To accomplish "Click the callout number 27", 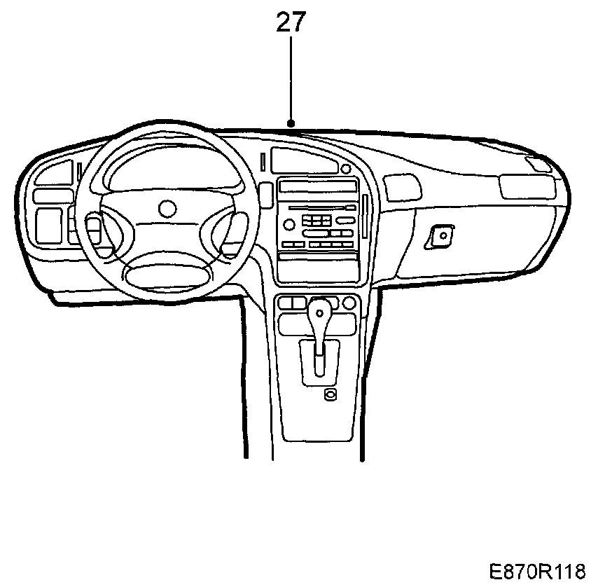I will [291, 23].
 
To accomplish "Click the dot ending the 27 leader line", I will [291, 124].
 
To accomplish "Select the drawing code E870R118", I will [537, 571].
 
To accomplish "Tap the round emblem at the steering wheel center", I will [167, 208].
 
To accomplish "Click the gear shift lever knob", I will [319, 309].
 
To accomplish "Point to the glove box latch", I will [442, 235].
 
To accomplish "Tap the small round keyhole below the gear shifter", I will [330, 395].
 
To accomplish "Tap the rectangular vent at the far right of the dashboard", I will [525, 186].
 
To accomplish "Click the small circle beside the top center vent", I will [345, 170].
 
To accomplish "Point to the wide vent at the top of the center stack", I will [302, 161].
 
